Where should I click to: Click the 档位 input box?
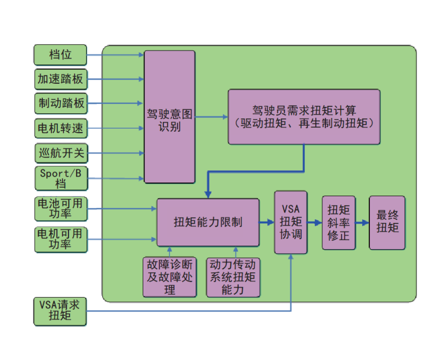click(60, 55)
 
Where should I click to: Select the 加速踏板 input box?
click(60, 79)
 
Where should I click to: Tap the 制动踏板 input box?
click(60, 103)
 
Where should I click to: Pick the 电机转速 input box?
click(60, 129)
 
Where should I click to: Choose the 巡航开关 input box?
click(60, 154)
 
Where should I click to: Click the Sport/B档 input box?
click(60, 178)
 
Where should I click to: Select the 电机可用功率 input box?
click(60, 239)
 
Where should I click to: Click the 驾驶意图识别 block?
click(169, 117)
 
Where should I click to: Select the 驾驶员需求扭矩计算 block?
click(304, 117)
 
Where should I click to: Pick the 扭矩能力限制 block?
click(208, 222)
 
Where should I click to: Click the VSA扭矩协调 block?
click(291, 222)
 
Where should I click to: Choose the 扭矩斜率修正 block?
click(338, 222)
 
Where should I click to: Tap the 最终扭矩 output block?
click(387, 222)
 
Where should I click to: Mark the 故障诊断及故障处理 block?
click(170, 277)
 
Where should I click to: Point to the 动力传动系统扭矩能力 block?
click(233, 277)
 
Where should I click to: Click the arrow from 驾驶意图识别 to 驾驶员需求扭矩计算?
click(211, 117)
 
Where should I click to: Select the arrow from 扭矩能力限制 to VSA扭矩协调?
click(267, 222)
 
